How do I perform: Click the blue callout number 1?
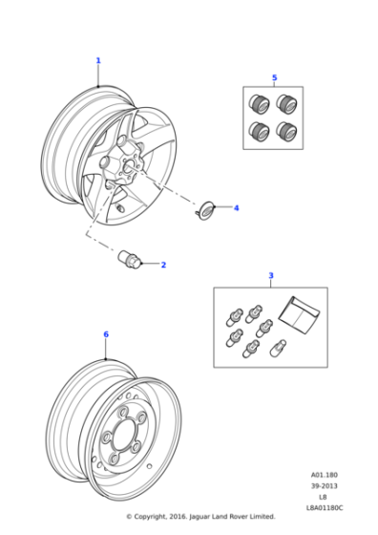click(x=97, y=60)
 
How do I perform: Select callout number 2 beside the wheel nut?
click(x=163, y=265)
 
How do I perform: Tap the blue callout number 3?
click(x=270, y=276)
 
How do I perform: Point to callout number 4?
click(x=236, y=207)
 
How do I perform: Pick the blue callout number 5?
click(x=274, y=77)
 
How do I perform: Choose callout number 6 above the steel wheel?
click(x=106, y=334)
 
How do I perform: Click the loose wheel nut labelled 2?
click(x=128, y=258)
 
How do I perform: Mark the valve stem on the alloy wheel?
click(x=120, y=205)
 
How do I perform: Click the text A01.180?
click(x=324, y=475)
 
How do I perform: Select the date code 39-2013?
click(x=324, y=485)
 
